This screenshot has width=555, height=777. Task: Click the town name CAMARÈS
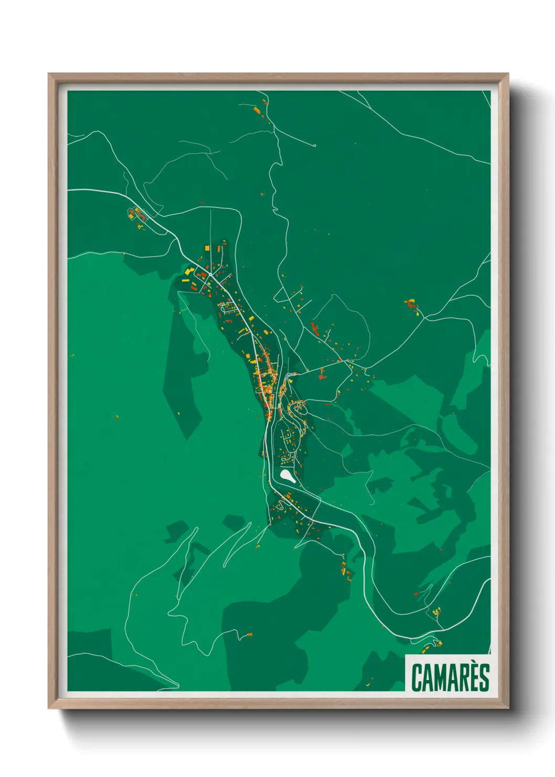[450, 677]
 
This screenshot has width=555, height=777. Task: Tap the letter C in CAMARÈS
[418, 678]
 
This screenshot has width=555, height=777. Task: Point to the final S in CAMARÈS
[484, 678]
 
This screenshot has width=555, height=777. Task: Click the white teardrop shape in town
[287, 476]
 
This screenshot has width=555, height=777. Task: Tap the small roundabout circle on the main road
[210, 274]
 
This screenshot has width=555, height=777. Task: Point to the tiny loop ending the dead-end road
[314, 145]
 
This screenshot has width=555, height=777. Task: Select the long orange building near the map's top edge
[257, 110]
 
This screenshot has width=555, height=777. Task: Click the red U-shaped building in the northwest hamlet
[131, 213]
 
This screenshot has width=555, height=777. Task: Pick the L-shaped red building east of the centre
[322, 374]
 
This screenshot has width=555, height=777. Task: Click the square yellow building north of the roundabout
[207, 248]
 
